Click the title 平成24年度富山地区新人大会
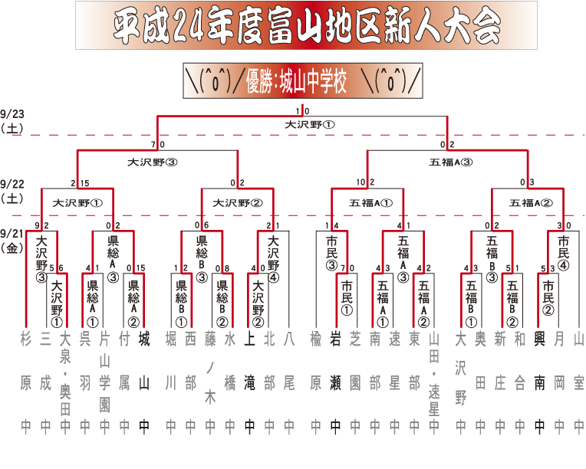coord(307,28)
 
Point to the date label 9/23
coord(13,114)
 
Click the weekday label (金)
coord(13,247)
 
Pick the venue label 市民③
coord(331,253)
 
